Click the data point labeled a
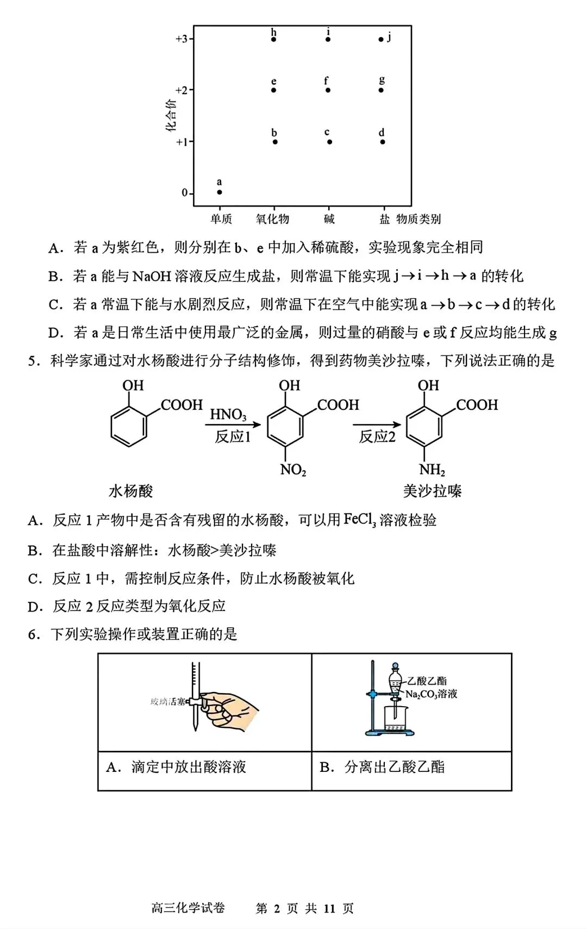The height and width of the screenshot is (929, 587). [x=220, y=192]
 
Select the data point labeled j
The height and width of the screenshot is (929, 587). [x=381, y=39]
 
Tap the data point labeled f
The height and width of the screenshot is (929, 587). [x=328, y=90]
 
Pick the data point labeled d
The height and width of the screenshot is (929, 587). [x=383, y=142]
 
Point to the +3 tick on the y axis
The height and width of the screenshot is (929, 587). [x=182, y=39]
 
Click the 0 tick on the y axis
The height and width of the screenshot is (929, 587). [x=185, y=193]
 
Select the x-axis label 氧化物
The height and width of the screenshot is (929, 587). [x=272, y=219]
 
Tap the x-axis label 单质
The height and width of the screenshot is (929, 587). [x=221, y=219]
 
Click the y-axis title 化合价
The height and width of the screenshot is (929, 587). [x=171, y=116]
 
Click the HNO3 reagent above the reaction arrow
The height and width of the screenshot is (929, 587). [x=228, y=415]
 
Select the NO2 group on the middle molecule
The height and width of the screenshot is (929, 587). [x=293, y=470]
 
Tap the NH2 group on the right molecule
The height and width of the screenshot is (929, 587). [x=432, y=470]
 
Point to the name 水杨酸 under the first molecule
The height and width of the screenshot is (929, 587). [x=131, y=491]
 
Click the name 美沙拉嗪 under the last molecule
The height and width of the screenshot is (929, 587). [x=432, y=491]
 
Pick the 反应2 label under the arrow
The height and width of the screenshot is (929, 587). [x=377, y=437]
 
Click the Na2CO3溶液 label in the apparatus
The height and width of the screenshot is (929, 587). [x=432, y=694]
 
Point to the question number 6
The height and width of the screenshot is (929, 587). [x=34, y=634]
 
